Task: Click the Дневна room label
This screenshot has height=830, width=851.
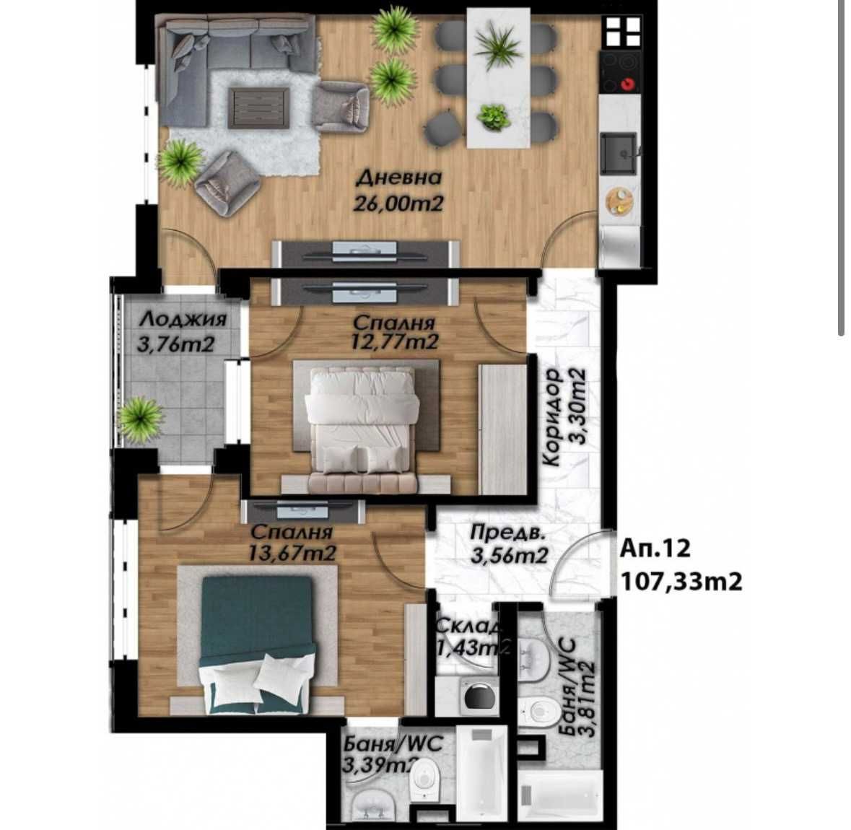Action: coord(398,178)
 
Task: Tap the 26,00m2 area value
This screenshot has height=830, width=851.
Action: coord(398,204)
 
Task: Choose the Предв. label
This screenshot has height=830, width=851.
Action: coord(505,533)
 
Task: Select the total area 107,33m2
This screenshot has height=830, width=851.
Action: coord(681,581)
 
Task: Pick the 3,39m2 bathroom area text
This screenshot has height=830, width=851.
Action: coord(382,765)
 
